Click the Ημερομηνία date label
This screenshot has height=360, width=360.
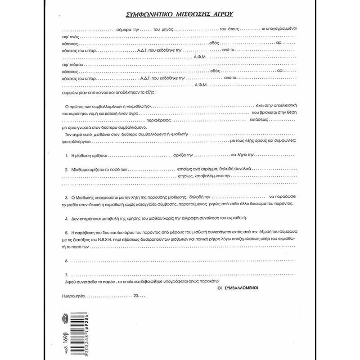tap(73, 297)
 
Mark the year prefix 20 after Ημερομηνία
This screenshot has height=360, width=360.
tap(136, 297)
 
